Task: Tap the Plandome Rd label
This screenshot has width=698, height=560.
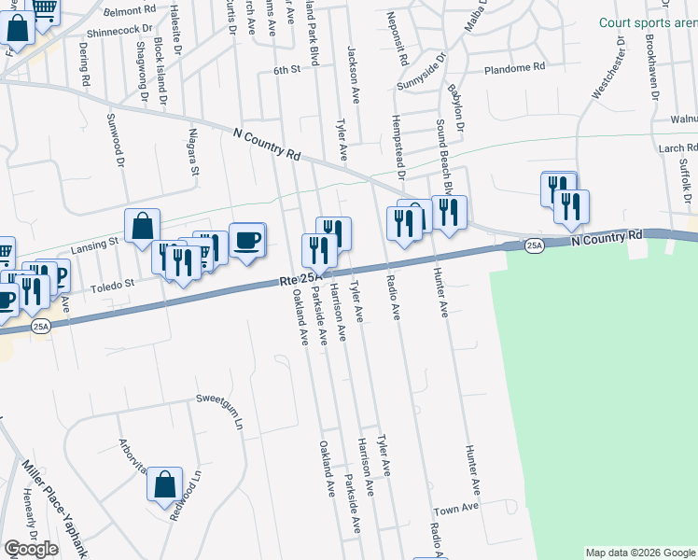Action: [x=515, y=68]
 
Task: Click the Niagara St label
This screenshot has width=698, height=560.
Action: [x=195, y=152]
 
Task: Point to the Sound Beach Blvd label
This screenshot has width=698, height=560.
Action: [x=447, y=158]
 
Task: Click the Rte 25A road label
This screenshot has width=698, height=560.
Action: [x=300, y=279]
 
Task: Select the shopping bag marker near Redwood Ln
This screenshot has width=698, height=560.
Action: [x=163, y=485]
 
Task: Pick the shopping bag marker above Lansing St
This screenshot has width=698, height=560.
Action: [x=142, y=227]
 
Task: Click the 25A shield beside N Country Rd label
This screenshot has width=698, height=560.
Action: [x=534, y=245]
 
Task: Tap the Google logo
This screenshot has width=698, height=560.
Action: [x=31, y=549]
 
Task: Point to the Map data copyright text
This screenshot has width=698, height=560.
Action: [x=640, y=553]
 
